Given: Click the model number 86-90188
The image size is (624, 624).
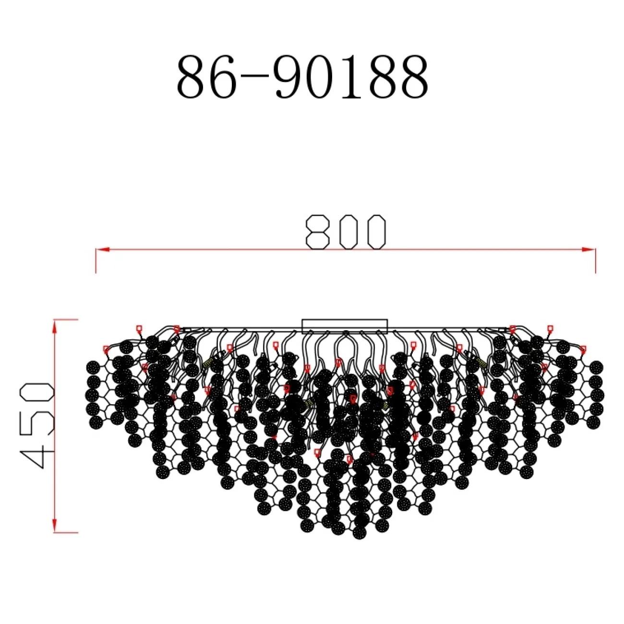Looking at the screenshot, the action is point(303,78).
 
